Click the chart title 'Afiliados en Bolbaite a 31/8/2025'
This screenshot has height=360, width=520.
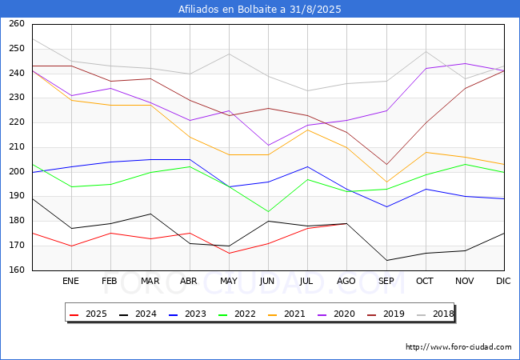point(260,9)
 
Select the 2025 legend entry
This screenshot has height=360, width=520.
point(89,314)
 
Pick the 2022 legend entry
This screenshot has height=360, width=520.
point(237,314)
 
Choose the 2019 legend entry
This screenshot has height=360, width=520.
point(386,314)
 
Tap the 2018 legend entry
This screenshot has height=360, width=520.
point(435,314)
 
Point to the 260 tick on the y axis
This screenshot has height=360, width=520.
point(17,23)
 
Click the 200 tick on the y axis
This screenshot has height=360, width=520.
point(17,171)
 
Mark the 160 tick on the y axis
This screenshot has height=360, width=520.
point(17,270)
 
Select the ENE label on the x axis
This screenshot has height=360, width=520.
point(70,281)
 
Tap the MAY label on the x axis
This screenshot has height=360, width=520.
point(229,281)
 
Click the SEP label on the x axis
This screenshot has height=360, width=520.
point(386,281)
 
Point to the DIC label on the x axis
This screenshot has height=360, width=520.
point(503,281)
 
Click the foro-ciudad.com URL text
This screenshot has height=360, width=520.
point(458,347)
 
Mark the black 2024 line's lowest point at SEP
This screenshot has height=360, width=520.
point(386,260)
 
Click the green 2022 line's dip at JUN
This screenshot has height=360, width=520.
point(268,211)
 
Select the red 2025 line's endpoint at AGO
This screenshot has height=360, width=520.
point(347,223)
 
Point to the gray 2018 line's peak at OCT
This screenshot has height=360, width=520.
point(426,51)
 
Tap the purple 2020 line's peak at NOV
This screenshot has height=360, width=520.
point(466,63)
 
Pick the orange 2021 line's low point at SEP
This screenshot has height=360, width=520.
point(386,182)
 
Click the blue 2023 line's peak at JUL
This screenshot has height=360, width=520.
point(308,166)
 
